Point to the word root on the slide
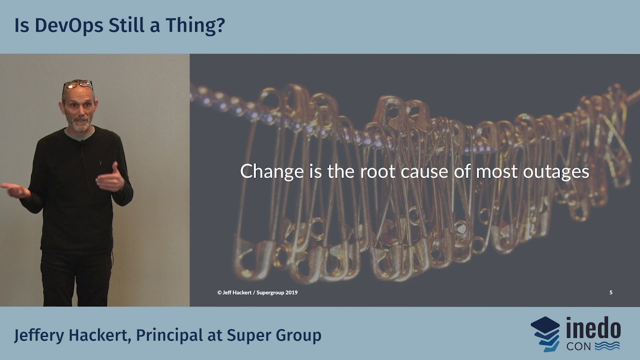(377, 171)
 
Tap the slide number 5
(610, 292)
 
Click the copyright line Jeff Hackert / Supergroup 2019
(257, 292)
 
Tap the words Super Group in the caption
(274, 335)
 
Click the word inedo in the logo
(593, 329)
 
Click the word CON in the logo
(577, 345)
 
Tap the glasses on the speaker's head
(77, 84)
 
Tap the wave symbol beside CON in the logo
(607, 345)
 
